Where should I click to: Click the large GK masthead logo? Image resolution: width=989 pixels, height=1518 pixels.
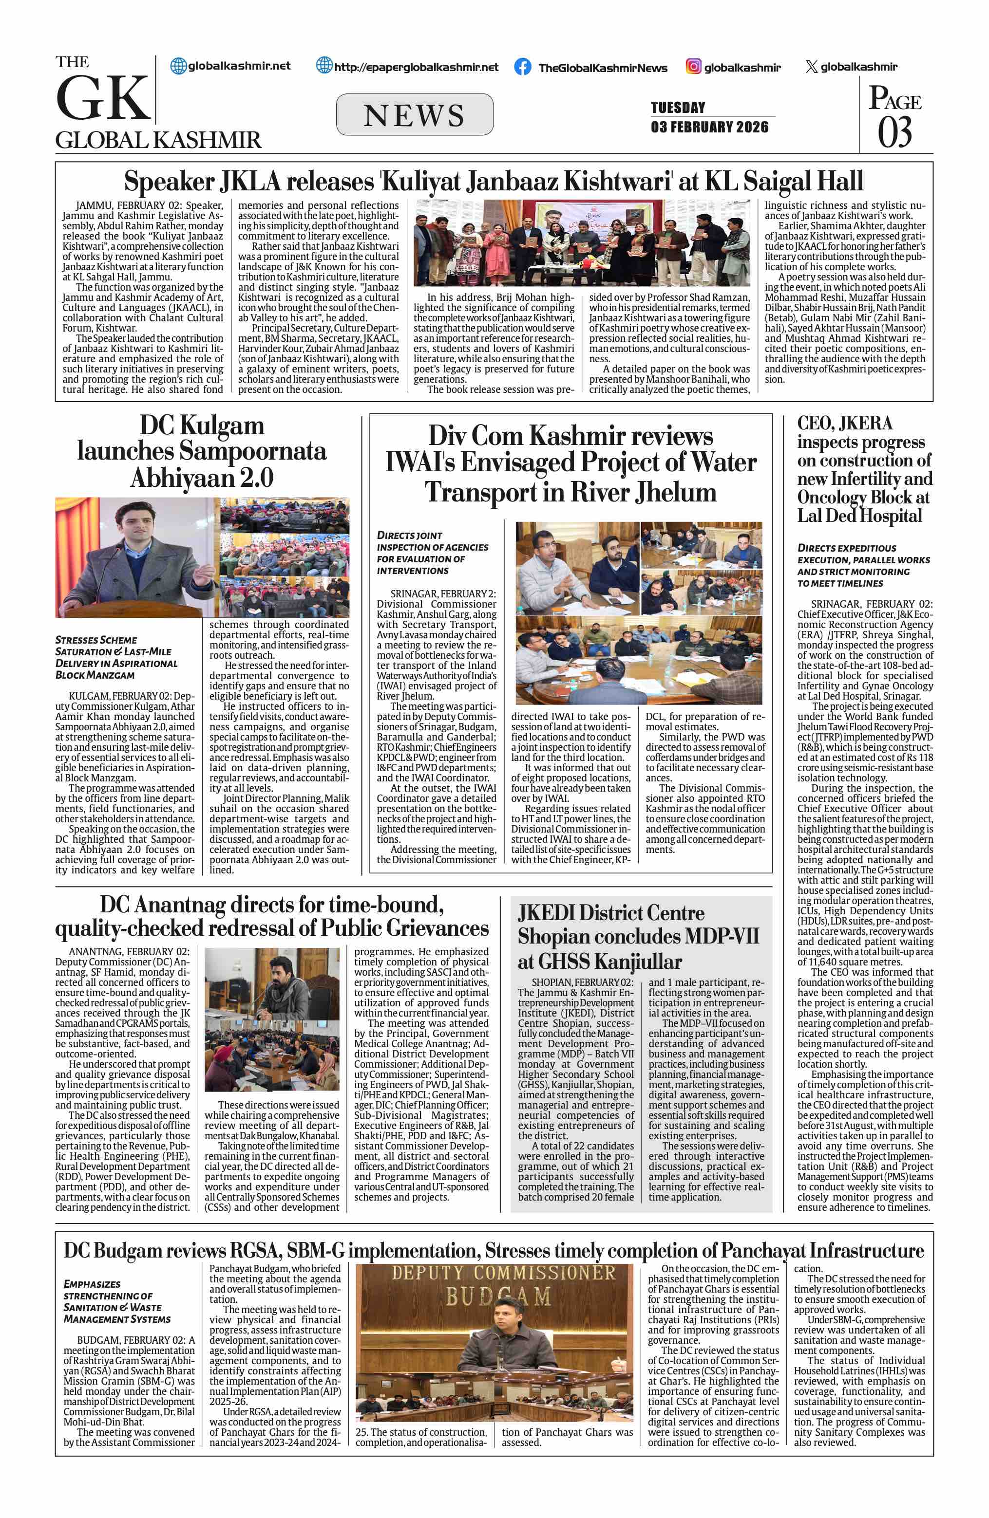(102, 97)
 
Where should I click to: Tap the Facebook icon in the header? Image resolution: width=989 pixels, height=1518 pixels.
(523, 67)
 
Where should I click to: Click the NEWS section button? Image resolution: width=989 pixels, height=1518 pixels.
(414, 115)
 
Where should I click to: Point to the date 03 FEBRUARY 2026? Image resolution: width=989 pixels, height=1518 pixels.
(709, 127)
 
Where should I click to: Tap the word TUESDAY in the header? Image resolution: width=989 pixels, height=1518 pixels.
(678, 107)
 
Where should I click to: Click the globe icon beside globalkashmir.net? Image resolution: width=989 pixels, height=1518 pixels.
(179, 66)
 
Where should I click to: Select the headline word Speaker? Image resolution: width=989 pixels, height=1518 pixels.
(169, 182)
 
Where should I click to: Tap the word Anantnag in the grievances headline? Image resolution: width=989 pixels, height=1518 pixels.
(183, 905)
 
